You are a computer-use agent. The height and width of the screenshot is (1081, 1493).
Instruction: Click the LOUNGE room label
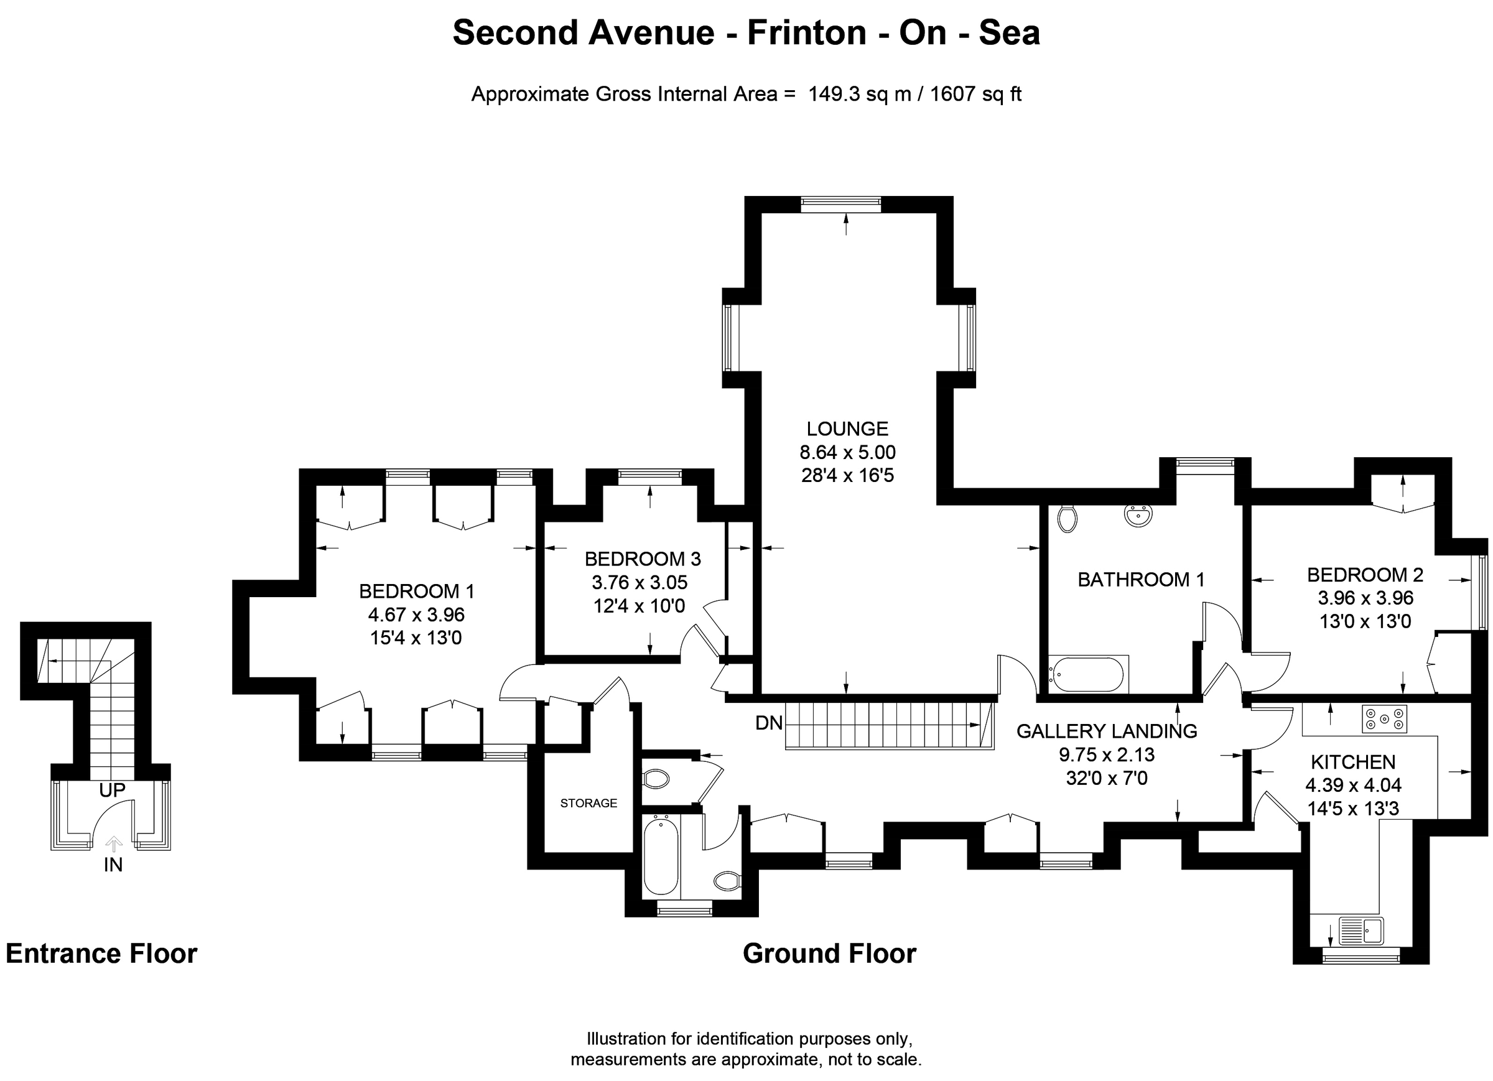click(847, 429)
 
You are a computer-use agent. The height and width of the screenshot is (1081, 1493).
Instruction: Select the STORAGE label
click(588, 802)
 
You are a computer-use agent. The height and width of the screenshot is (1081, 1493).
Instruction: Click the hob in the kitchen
click(1384, 719)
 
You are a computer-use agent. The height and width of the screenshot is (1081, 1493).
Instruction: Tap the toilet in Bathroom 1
click(1067, 518)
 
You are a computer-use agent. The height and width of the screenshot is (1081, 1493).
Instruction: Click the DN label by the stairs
click(768, 723)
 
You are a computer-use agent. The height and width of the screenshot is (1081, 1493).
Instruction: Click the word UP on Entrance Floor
click(112, 790)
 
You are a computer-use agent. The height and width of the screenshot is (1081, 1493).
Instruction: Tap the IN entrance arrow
click(114, 843)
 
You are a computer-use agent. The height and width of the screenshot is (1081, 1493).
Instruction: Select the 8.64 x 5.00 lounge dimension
click(847, 452)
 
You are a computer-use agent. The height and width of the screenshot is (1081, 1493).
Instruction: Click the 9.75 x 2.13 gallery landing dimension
click(1107, 754)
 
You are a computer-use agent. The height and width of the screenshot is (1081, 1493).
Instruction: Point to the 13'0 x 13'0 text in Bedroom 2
click(1365, 621)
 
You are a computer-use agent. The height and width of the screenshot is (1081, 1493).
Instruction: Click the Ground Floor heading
click(829, 953)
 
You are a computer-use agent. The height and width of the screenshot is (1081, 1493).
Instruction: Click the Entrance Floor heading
click(101, 953)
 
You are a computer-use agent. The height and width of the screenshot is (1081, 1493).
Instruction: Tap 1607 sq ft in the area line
click(975, 94)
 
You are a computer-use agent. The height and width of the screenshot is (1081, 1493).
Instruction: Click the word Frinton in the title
click(806, 32)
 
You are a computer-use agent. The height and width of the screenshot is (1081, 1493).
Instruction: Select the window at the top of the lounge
click(840, 204)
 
